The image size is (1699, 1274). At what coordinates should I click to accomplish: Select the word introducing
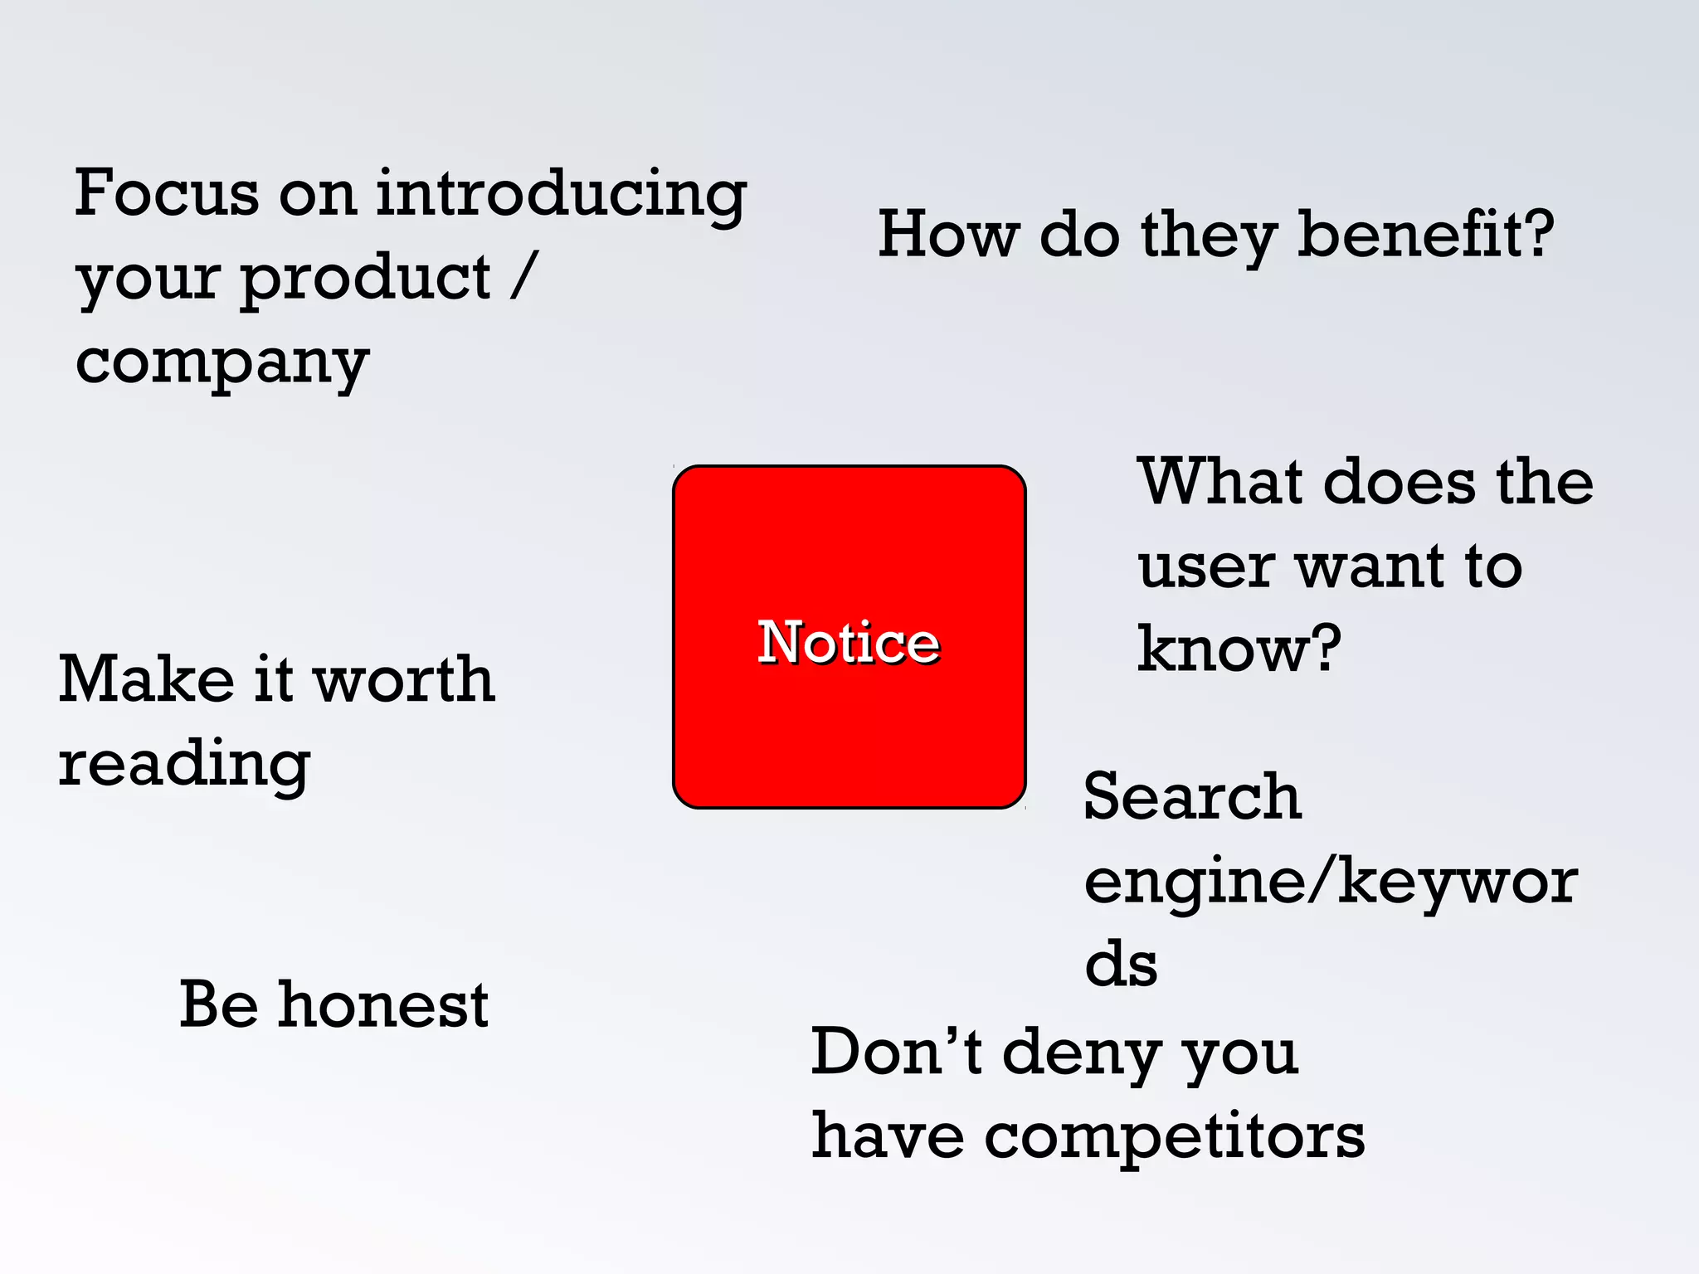[561, 194]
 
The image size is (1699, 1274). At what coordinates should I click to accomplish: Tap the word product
[366, 279]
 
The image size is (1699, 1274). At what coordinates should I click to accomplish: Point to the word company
[222, 363]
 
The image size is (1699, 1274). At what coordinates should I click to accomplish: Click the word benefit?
[1424, 235]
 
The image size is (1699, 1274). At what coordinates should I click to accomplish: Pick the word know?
[1238, 649]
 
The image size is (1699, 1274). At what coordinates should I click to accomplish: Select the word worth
[404, 679]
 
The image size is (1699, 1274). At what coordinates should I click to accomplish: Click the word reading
[184, 764]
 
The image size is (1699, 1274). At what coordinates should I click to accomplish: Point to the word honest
[383, 1004]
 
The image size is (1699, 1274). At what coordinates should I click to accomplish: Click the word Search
[1192, 796]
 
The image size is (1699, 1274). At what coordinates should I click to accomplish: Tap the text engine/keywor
[1331, 881]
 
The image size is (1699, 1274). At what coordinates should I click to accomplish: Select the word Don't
[896, 1052]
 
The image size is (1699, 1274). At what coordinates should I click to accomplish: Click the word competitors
[1174, 1136]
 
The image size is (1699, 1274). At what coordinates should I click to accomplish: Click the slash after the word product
[524, 277]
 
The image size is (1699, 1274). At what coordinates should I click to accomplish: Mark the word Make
[147, 679]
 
